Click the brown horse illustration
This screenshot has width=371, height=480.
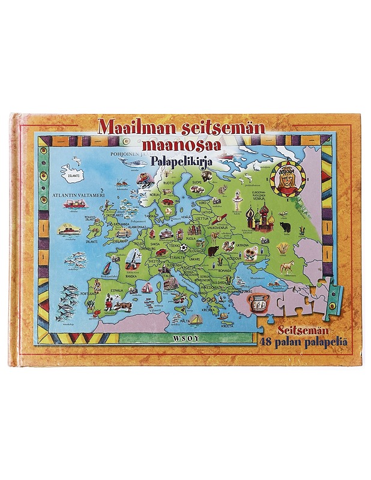(286, 266)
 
